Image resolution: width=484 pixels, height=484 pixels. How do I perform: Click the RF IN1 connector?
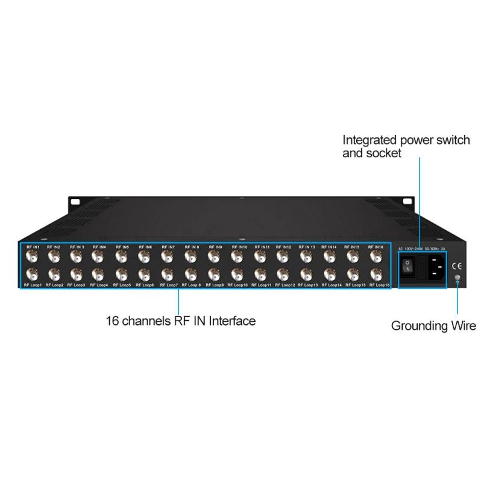30,257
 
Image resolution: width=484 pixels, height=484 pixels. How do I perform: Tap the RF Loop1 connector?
30,274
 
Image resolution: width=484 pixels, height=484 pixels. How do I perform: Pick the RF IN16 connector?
376,257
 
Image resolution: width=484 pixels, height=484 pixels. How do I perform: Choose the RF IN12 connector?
284,257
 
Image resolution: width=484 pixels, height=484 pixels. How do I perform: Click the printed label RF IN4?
99,247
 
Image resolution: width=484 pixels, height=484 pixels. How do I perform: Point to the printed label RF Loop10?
237,284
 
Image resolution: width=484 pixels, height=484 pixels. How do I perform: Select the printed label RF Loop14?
331,284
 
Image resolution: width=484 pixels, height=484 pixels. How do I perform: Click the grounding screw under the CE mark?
457,278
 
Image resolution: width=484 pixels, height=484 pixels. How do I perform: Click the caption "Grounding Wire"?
433,327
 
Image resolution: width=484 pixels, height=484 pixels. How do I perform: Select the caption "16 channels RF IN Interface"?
181,321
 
